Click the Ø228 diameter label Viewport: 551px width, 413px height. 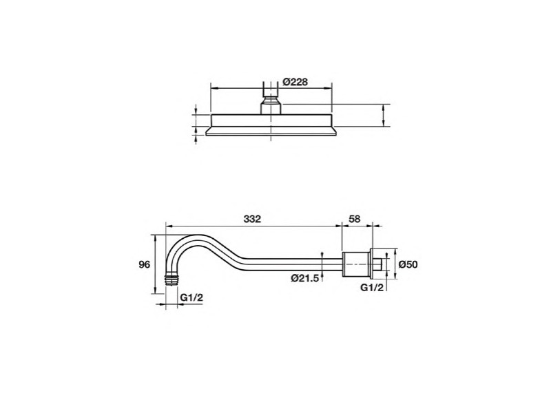coord(295,82)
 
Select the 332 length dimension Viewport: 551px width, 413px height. coord(252,219)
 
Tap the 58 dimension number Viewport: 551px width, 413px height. coord(355,219)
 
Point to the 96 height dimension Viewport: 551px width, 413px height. coord(145,264)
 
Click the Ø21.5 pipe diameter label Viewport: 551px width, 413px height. coord(304,278)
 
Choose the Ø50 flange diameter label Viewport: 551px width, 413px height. coord(408,264)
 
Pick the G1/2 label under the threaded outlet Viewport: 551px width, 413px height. coord(191,297)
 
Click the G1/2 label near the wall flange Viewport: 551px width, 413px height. coord(372,287)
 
